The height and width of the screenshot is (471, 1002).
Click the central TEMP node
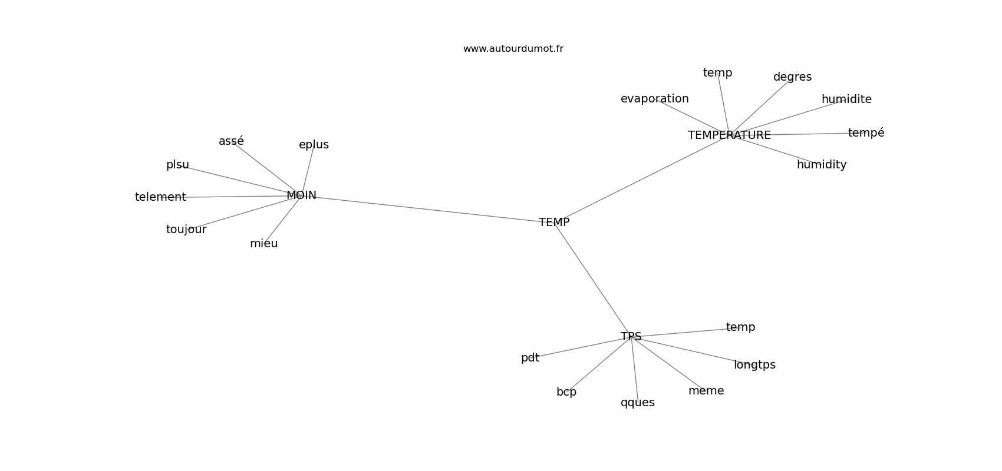click(x=554, y=223)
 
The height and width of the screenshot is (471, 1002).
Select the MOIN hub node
click(x=301, y=195)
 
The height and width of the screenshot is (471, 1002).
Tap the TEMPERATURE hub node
click(x=729, y=135)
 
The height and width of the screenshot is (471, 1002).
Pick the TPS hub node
click(x=631, y=337)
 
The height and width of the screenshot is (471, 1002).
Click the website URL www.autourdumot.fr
click(x=513, y=49)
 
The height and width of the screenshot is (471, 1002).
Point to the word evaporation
click(x=654, y=99)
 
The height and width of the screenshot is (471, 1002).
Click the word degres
click(x=792, y=77)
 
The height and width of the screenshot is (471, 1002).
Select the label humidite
click(x=846, y=99)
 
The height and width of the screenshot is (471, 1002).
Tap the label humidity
click(x=821, y=165)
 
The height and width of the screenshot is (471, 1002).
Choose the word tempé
click(x=866, y=133)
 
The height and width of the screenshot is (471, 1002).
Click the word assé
click(x=231, y=141)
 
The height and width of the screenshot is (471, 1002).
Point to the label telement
click(x=160, y=197)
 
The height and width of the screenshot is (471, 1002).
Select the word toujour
click(x=186, y=230)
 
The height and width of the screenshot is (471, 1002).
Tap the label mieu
click(x=263, y=244)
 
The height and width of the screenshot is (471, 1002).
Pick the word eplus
click(x=314, y=145)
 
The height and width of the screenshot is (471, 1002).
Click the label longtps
click(x=754, y=365)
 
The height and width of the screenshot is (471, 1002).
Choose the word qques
click(x=637, y=403)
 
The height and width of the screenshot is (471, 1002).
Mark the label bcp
click(x=566, y=392)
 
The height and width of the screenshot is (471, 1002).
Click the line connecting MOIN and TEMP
click(x=427, y=209)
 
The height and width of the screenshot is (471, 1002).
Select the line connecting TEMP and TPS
click(x=592, y=280)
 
